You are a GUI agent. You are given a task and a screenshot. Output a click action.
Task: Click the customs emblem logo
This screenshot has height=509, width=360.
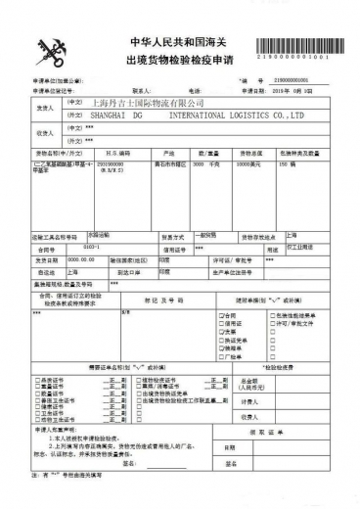coord(50,50)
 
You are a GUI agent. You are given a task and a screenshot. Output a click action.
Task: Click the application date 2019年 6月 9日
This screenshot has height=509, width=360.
coord(308,89)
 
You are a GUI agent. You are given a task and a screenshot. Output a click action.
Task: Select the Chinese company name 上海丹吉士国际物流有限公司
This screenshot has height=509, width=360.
coord(148,102)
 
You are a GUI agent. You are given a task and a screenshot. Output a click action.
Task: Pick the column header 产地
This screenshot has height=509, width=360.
coord(169,154)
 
